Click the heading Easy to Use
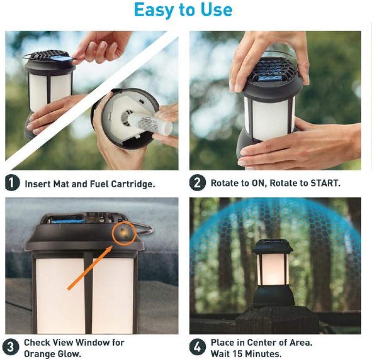pyautogui.click(x=183, y=9)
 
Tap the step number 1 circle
pyautogui.click(x=12, y=183)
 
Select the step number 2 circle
pyautogui.click(x=197, y=183)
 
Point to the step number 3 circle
pyautogui.click(x=11, y=347)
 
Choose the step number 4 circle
pyautogui.click(x=197, y=348)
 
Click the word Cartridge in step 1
pyautogui.click(x=133, y=184)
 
